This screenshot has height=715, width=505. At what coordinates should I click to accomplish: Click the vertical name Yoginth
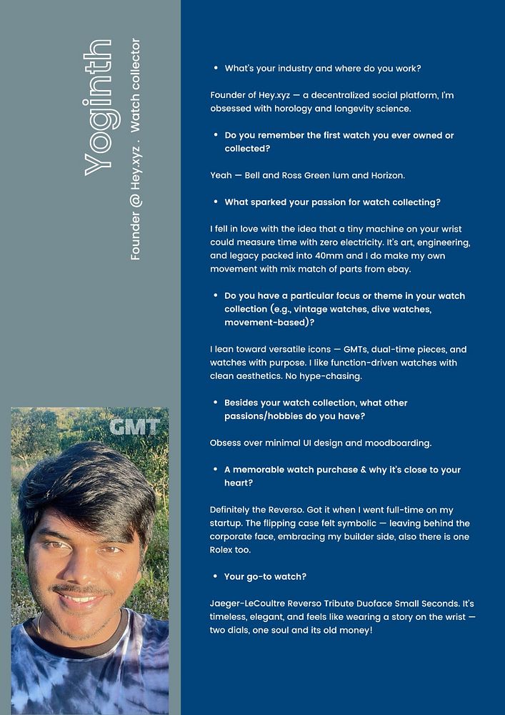(98, 108)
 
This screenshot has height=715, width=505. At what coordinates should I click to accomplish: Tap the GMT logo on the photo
(134, 428)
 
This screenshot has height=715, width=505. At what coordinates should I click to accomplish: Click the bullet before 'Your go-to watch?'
(215, 576)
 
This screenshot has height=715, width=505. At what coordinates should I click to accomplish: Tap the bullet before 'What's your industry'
(215, 69)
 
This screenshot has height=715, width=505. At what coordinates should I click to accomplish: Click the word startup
(227, 523)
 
